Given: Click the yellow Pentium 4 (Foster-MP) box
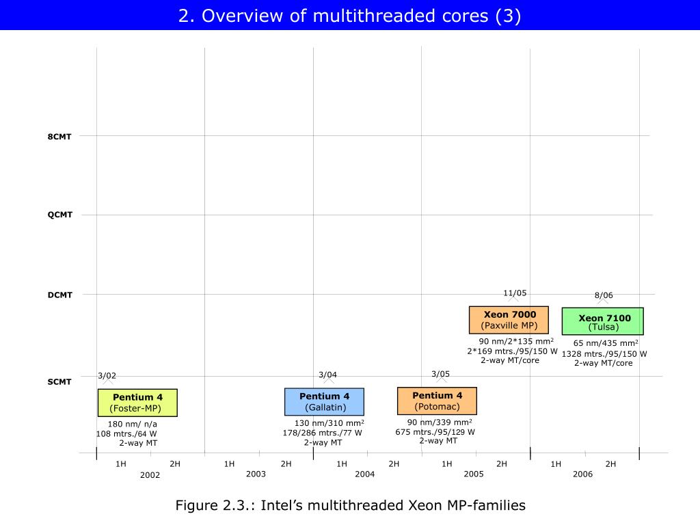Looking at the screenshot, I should (137, 403).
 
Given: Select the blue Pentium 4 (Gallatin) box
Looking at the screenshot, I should (324, 402).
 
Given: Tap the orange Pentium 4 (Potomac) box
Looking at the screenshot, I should (437, 401).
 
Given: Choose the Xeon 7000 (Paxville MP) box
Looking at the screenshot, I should (509, 320).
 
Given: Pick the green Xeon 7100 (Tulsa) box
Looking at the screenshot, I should (603, 321).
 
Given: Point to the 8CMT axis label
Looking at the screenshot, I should (59, 136).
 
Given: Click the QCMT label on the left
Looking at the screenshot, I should (59, 215).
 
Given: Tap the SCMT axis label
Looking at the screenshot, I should (59, 381).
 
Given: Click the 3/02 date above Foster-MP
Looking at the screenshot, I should (107, 375).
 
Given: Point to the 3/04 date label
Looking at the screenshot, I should (328, 375).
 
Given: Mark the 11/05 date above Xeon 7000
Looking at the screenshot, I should (515, 293).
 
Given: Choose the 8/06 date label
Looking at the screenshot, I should (604, 295).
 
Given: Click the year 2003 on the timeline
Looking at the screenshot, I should (256, 474).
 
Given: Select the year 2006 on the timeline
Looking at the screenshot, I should (582, 474).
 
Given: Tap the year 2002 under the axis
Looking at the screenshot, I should (150, 474).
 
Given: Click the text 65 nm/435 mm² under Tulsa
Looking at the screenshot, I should (606, 343).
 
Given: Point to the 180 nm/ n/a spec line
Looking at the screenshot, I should (133, 424).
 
